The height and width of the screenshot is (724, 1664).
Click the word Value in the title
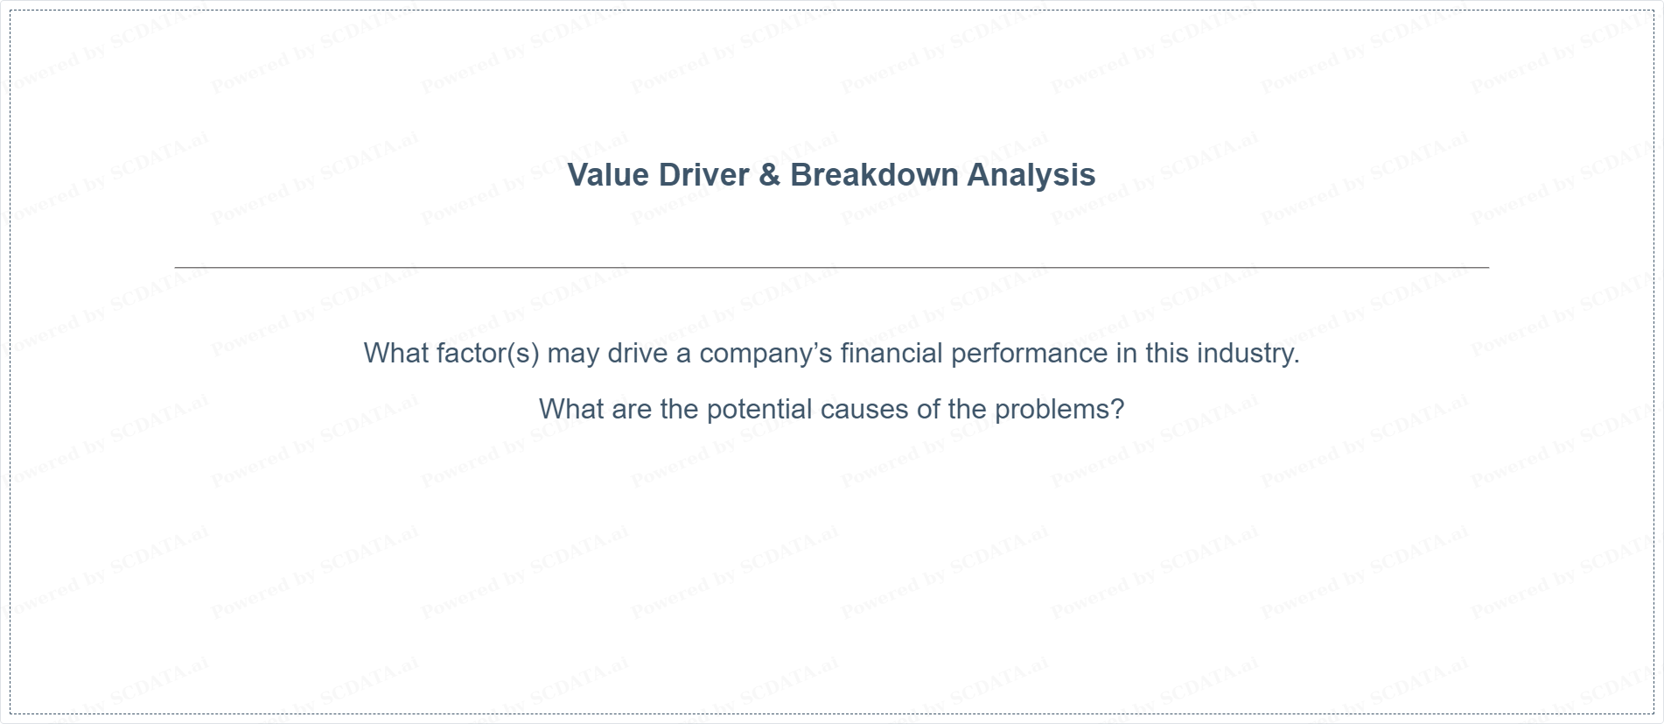608,175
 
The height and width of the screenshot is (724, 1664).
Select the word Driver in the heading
703,175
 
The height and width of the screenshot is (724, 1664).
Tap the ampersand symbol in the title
769,175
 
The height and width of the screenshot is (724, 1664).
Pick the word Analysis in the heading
1031,175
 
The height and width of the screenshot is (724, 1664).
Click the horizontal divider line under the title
831,267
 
